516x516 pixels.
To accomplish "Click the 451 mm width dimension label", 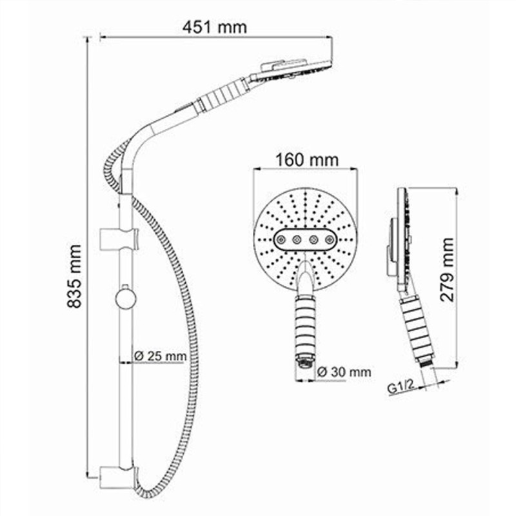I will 215,27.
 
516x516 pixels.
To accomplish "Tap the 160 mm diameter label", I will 304,158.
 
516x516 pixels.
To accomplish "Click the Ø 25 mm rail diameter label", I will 159,355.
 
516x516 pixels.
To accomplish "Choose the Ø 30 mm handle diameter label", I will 344,372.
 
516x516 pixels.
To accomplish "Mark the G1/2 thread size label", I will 400,388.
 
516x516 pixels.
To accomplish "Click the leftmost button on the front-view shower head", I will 281,239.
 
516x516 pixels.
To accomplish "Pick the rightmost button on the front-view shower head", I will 330,239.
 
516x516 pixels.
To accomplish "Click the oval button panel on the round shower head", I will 305,239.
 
